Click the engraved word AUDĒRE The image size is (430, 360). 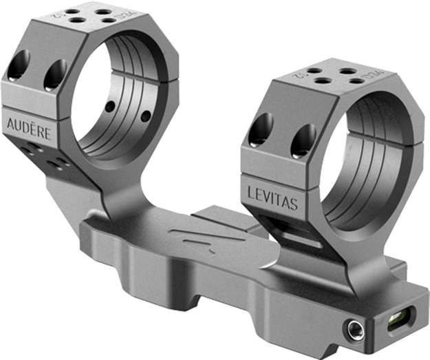29,128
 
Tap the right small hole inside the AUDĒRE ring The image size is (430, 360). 145,117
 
